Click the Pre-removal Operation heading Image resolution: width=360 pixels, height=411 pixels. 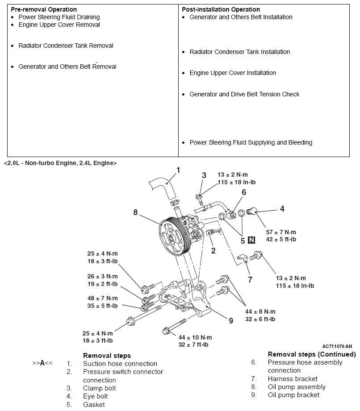click(43, 9)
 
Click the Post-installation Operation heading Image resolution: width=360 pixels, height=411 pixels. click(221, 9)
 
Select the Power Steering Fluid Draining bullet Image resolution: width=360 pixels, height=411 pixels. click(59, 17)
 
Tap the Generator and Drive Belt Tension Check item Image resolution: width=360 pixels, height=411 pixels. click(244, 94)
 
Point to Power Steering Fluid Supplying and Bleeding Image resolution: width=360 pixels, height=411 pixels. click(251, 143)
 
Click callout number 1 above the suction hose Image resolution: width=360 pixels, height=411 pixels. click(178, 170)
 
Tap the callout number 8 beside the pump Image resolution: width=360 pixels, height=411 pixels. click(135, 212)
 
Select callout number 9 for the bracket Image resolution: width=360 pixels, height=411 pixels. click(230, 320)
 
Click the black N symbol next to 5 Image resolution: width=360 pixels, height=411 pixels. click(251, 240)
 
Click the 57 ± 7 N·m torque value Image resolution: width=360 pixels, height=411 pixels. click(281, 232)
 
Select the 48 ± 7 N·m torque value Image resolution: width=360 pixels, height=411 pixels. click(102, 298)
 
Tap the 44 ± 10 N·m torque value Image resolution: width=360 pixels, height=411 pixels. click(195, 337)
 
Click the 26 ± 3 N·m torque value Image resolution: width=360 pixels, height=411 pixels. click(102, 277)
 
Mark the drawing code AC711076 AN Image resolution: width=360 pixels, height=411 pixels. click(337, 346)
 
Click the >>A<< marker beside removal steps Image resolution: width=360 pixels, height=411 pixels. click(42, 363)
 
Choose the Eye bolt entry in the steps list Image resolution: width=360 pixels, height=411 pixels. click(95, 396)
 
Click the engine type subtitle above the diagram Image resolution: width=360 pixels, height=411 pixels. click(60, 163)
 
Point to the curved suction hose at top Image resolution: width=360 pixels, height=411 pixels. click(164, 187)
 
